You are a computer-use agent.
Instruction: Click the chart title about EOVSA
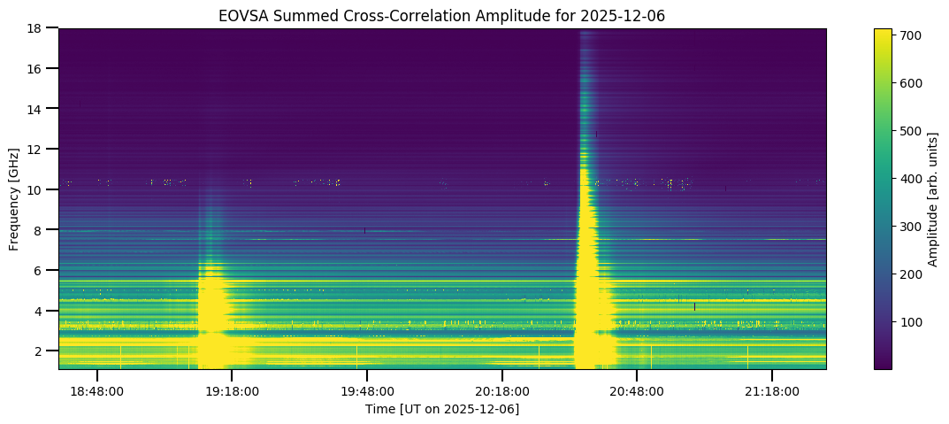tap(442, 15)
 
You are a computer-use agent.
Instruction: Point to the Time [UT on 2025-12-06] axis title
tap(442, 408)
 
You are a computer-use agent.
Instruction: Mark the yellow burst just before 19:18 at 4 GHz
tap(213, 310)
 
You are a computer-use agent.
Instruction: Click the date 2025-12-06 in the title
tap(632, 15)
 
